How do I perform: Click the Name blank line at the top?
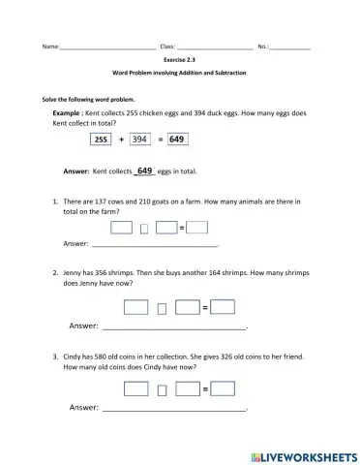tap(107, 47)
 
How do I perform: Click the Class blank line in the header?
tap(214, 47)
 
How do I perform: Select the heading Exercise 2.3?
tap(179, 60)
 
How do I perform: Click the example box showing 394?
tap(142, 139)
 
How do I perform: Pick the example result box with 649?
tap(176, 139)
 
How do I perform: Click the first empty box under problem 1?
tap(121, 228)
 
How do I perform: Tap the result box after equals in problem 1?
tap(196, 228)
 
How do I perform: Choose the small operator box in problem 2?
tap(162, 310)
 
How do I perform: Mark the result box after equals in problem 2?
tap(224, 308)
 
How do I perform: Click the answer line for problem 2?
tap(174, 329)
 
